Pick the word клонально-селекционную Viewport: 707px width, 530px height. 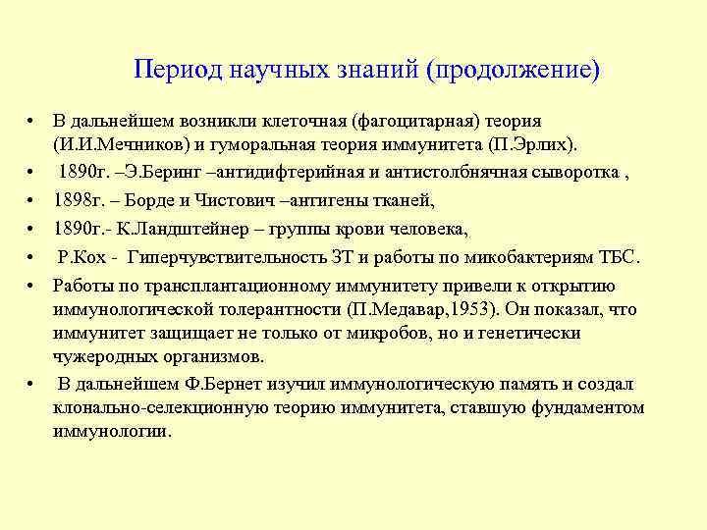coord(144,407)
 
